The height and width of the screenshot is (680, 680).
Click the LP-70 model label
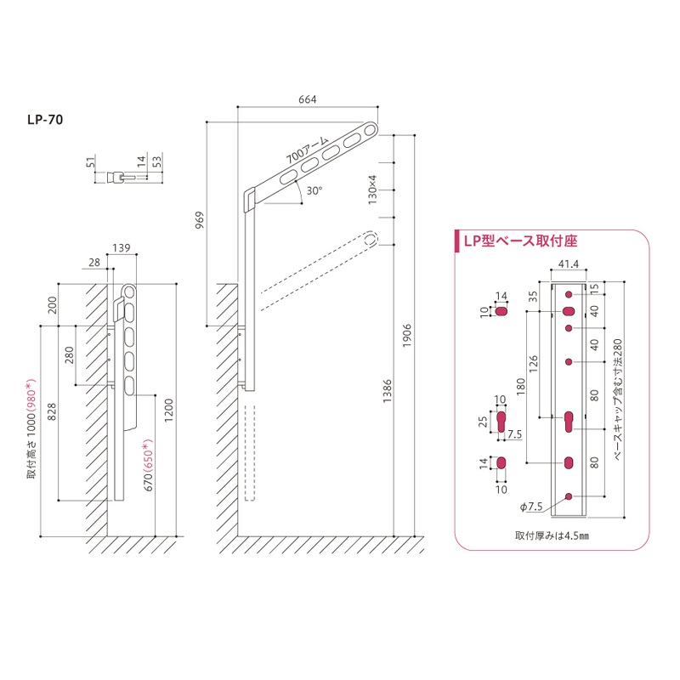tap(44, 120)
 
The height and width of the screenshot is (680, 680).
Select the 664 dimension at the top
tap(307, 99)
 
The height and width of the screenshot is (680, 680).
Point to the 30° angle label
tap(314, 191)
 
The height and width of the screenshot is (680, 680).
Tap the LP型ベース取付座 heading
tap(519, 242)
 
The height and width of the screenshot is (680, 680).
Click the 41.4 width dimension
tap(569, 265)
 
